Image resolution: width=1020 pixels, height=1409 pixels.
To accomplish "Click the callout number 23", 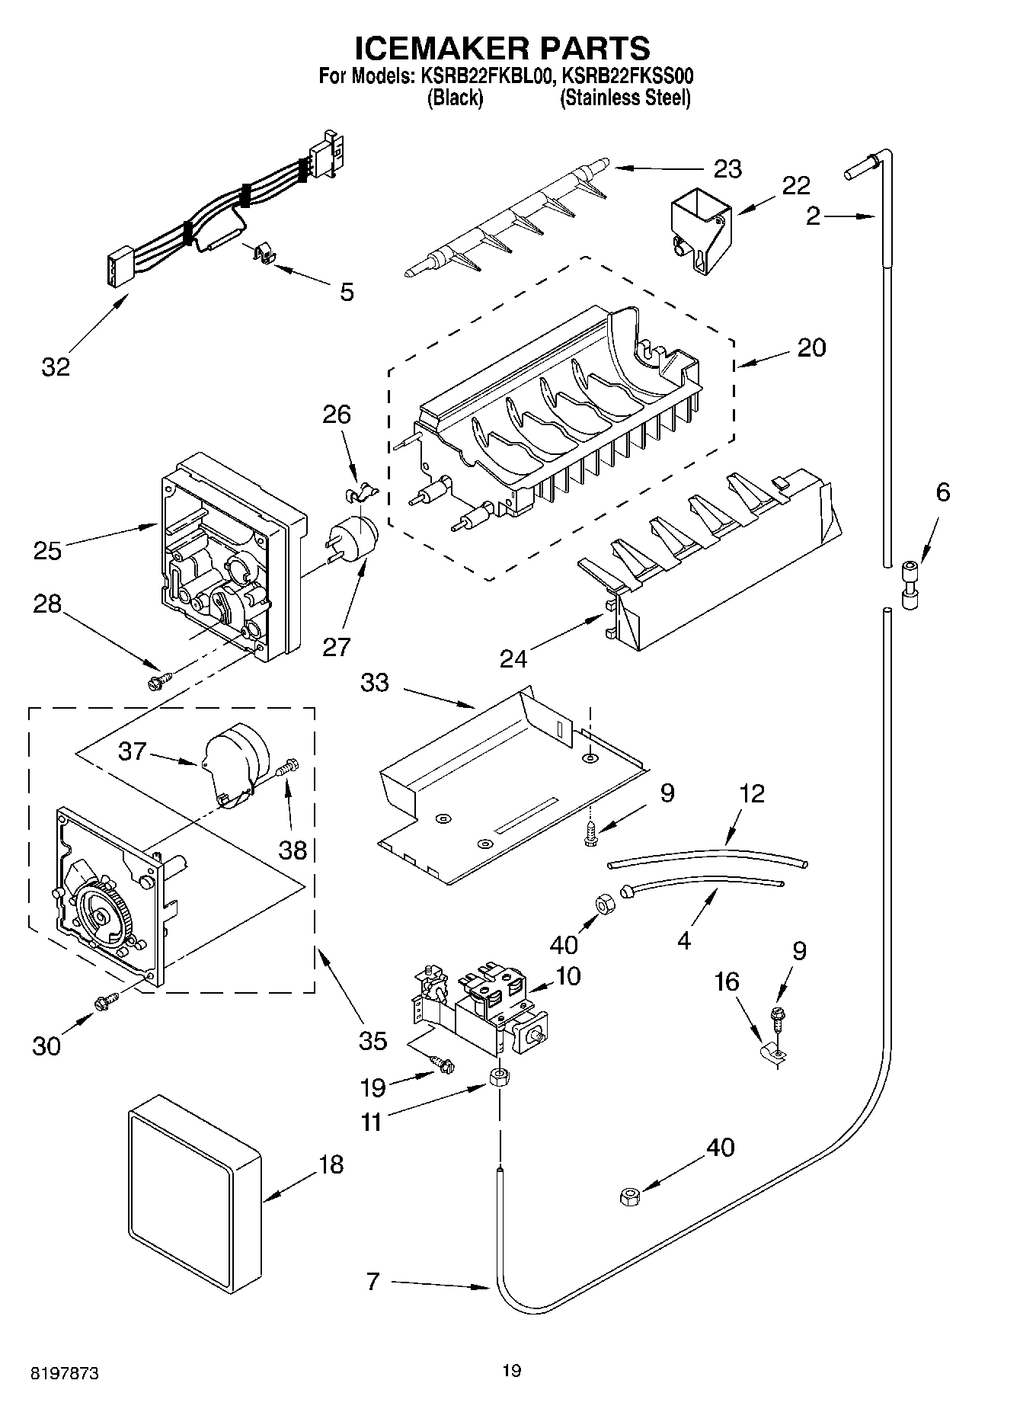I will [727, 168].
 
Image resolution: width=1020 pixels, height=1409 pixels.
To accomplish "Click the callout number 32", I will [56, 367].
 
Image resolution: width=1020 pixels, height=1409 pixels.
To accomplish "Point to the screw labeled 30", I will [105, 1003].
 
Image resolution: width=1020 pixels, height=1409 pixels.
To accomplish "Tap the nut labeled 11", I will [499, 1078].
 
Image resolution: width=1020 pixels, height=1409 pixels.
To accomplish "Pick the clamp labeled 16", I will [775, 1052].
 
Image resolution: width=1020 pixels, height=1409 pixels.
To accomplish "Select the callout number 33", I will [375, 683].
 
